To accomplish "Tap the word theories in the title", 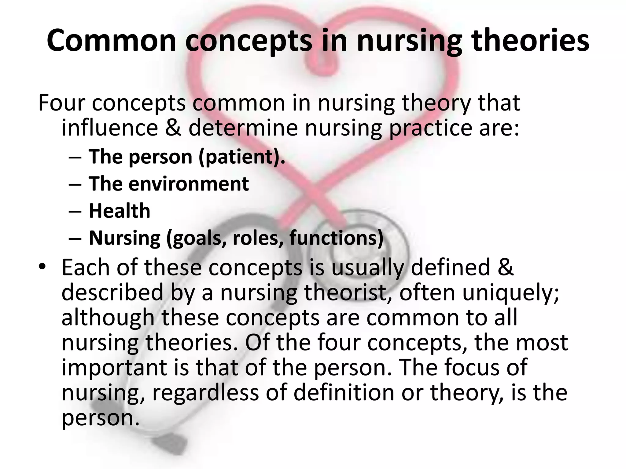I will point(530,41).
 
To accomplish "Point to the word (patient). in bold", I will point(241,157).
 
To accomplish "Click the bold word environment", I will point(189,184).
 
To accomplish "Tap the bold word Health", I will point(120,211).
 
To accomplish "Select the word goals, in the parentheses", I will point(197,238).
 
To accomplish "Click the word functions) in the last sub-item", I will point(336,238).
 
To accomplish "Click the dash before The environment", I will point(75,184).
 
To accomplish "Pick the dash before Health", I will point(75,211).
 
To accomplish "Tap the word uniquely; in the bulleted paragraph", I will point(510,293).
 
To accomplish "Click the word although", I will point(108,318).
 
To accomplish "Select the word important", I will point(114,367).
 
